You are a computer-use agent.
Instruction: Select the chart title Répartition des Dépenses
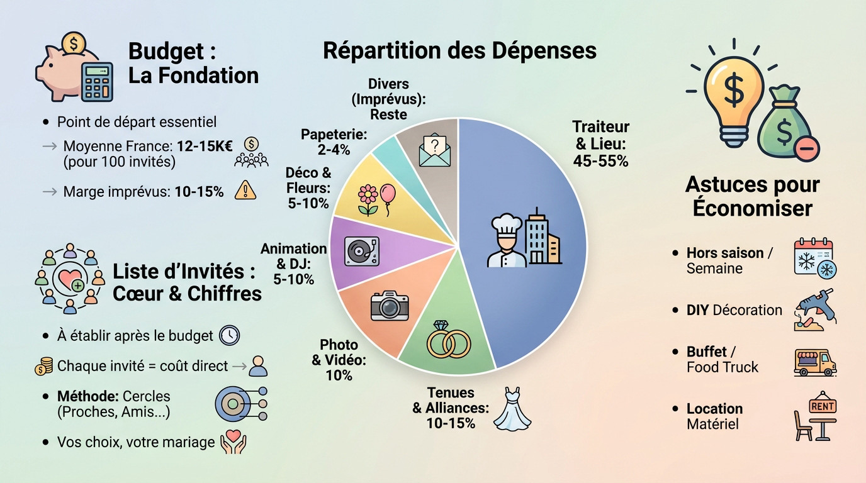pos(459,50)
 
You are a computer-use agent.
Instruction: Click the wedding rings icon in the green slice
pos(448,339)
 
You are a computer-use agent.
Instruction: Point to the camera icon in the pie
pos(390,306)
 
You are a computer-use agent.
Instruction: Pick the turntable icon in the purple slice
pos(362,251)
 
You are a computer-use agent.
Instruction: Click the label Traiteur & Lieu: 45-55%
pos(601,144)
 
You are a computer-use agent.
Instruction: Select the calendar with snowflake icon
pos(814,258)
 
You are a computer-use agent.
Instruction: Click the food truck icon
pos(814,362)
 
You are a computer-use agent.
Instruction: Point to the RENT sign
pos(822,407)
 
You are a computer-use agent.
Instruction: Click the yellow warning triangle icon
pos(245,190)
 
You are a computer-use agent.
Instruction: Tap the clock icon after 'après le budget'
pos(229,335)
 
